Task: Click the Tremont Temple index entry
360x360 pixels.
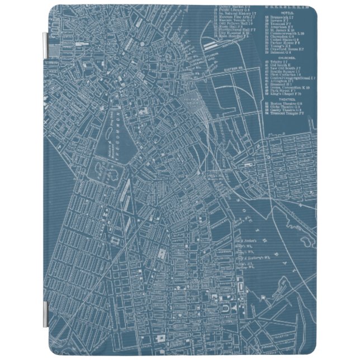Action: (285, 120)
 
